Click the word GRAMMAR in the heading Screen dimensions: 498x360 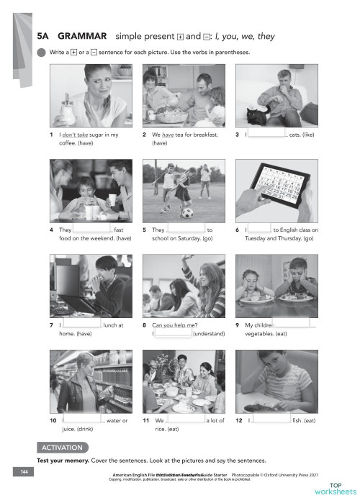[x=82, y=35]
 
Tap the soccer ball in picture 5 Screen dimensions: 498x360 [x=187, y=213]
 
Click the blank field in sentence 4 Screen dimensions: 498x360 [x=93, y=229]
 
